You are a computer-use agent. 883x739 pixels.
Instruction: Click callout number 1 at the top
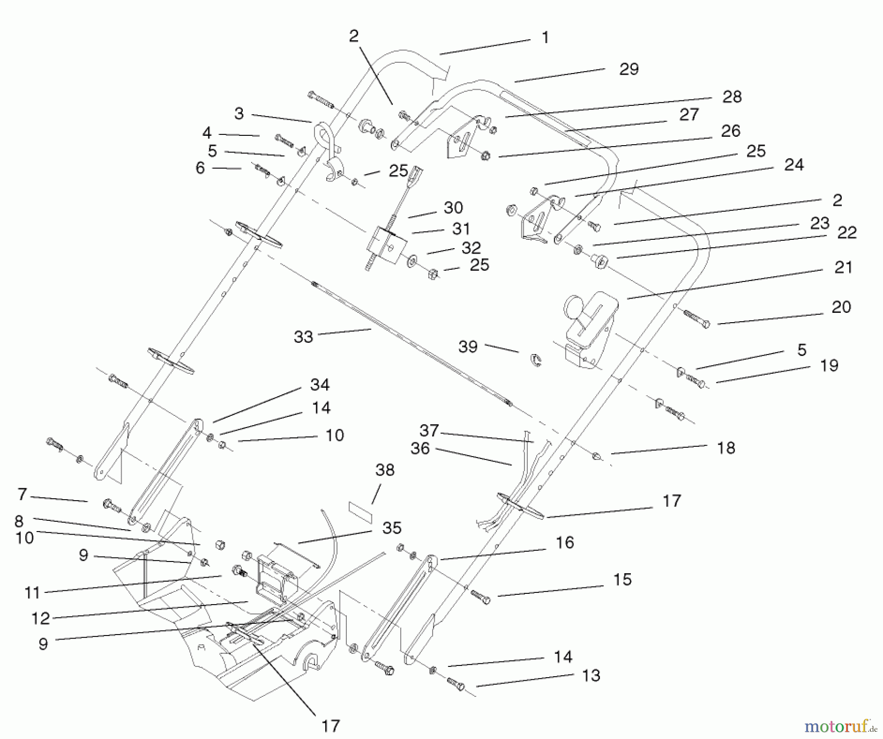(545, 38)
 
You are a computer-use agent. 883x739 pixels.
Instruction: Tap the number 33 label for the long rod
(303, 337)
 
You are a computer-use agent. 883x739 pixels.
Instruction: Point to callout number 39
(467, 347)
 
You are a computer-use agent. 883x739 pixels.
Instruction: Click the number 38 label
(385, 470)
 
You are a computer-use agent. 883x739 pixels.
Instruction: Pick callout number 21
(843, 268)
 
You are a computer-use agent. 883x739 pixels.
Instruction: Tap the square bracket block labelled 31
(389, 245)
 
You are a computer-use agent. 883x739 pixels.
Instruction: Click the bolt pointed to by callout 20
(697, 319)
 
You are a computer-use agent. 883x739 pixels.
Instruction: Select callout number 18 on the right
(726, 448)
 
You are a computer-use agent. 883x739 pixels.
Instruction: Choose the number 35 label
(392, 528)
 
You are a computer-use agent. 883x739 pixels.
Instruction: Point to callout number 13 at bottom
(591, 676)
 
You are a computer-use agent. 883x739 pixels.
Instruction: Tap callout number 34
(320, 385)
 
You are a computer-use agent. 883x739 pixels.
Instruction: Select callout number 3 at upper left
(239, 114)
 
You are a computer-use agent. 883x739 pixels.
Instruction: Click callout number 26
(730, 131)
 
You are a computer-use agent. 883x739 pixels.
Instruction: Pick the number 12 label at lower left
(41, 618)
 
